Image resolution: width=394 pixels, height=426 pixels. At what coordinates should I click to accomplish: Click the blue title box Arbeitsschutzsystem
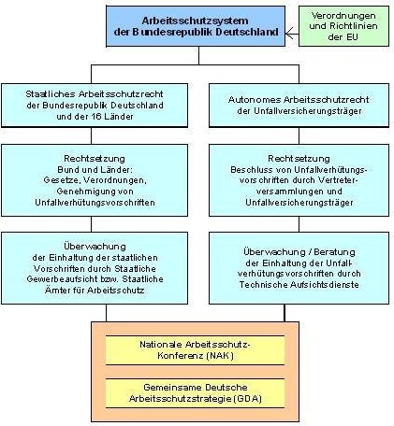click(x=196, y=26)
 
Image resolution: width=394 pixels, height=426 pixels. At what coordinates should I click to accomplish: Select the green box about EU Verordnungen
click(x=343, y=26)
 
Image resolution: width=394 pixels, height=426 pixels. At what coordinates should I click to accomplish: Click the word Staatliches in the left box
click(x=51, y=94)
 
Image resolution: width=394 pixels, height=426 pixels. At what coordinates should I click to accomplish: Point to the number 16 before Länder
click(x=95, y=117)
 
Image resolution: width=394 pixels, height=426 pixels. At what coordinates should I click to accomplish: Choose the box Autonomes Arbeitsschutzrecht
click(x=299, y=106)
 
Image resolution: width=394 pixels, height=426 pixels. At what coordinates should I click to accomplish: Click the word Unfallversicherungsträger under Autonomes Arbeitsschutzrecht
click(x=299, y=111)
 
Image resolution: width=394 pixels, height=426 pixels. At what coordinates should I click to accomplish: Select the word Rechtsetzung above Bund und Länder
click(x=95, y=159)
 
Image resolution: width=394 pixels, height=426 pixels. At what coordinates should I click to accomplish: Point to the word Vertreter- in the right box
click(x=339, y=180)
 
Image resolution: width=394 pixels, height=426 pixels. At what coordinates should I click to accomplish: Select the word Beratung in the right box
click(x=334, y=252)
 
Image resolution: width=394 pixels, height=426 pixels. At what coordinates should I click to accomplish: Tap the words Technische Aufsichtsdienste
click(x=299, y=285)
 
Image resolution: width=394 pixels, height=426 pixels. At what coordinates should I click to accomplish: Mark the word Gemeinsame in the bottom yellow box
click(x=168, y=388)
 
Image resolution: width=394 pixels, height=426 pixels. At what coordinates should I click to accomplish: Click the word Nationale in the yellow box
click(x=161, y=345)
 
